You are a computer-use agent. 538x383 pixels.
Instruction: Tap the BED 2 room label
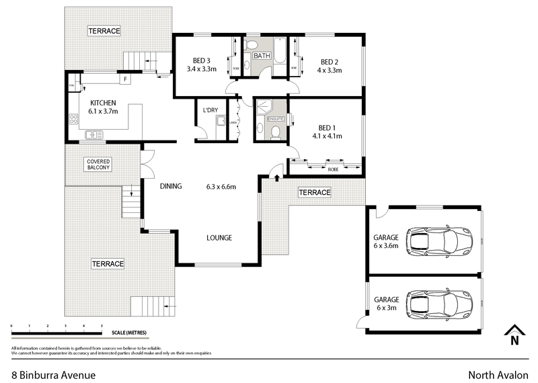(x=329, y=60)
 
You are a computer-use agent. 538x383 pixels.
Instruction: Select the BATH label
(x=262, y=56)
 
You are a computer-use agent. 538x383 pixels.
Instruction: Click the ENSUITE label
(x=276, y=119)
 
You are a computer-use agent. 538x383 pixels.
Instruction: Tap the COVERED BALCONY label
(x=98, y=165)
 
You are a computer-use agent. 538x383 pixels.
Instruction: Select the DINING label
(x=171, y=187)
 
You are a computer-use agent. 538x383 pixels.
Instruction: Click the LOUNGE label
(x=219, y=238)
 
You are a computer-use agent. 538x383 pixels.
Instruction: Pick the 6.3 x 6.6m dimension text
(x=221, y=187)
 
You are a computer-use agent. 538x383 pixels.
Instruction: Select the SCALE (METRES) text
(x=125, y=333)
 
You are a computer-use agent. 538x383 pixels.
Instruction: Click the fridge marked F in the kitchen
(x=124, y=79)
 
